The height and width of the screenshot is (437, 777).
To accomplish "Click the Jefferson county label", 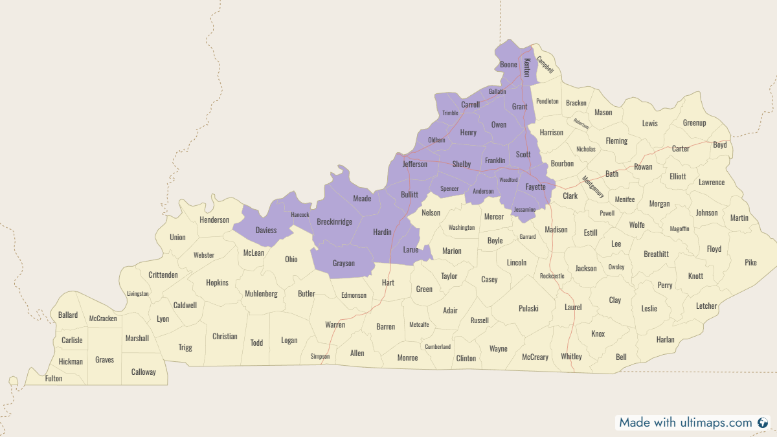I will point(415,164).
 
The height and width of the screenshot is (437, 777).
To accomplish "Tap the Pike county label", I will point(750,263).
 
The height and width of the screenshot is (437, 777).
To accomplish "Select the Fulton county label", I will point(54,379).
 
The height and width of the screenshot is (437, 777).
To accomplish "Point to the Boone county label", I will point(509,65).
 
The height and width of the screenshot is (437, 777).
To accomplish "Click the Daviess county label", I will point(266,230).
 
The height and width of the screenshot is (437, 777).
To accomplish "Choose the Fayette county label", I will point(535,187).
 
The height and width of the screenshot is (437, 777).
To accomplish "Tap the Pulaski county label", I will point(528,309).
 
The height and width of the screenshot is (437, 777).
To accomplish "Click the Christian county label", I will point(225,337).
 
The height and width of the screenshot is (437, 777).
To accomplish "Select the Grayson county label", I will point(344,263).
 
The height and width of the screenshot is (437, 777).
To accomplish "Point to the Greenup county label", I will point(694,123).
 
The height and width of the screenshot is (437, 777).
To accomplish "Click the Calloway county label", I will point(144,372).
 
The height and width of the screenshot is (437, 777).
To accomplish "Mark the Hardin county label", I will point(382,232).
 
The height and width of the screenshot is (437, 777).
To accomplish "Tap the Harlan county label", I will point(665,340).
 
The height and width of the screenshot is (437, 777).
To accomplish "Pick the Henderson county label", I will point(214,220).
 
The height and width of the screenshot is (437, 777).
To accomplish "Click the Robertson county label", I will point(581,124).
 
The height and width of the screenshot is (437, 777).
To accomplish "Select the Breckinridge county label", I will point(334,222).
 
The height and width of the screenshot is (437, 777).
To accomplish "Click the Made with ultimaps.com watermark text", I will point(686,423).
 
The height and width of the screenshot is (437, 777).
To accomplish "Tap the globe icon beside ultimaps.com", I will point(763,423).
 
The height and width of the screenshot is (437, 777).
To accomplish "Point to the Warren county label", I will point(335,324).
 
